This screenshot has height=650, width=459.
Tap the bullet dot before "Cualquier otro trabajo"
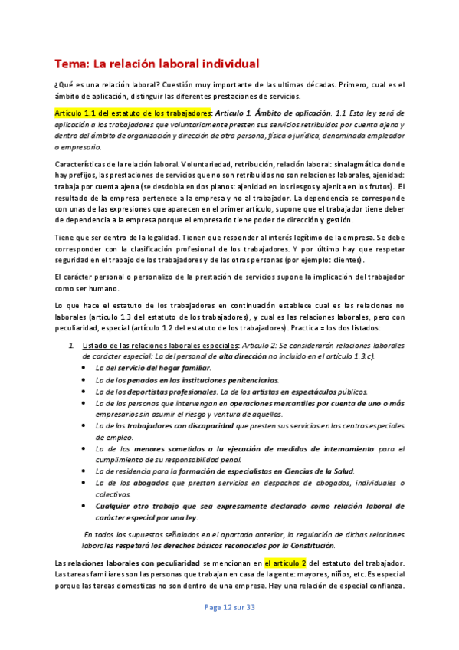pyautogui.click(x=83, y=507)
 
